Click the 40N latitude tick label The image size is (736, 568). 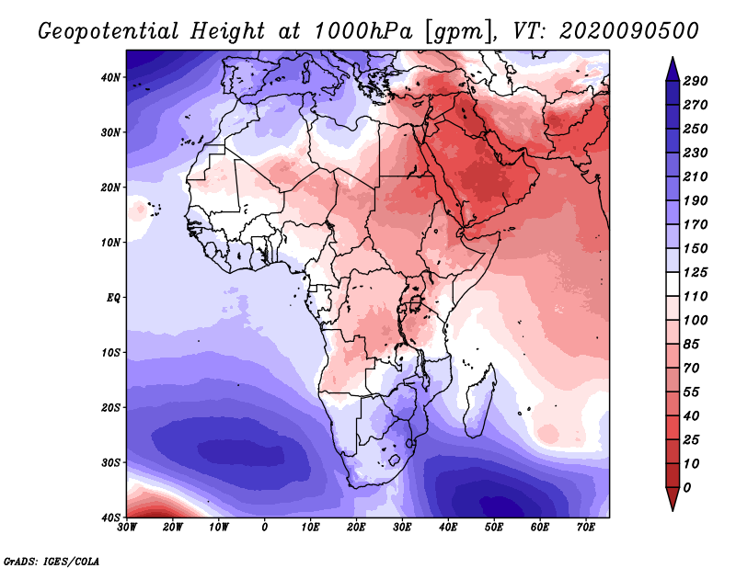click(x=109, y=77)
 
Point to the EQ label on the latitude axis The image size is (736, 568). click(x=112, y=298)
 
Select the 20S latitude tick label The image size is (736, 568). click(x=109, y=407)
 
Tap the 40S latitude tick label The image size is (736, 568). click(x=109, y=517)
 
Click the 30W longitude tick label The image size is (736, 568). click(x=127, y=528)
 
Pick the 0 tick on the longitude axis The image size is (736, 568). click(x=265, y=528)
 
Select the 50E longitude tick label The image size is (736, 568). click(x=494, y=528)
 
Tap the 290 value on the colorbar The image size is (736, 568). click(x=696, y=82)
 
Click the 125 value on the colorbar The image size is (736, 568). click(x=696, y=273)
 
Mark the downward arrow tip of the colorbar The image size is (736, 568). click(x=673, y=507)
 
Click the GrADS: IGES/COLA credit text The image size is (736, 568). click(x=52, y=560)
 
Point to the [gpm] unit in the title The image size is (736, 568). click(x=455, y=30)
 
